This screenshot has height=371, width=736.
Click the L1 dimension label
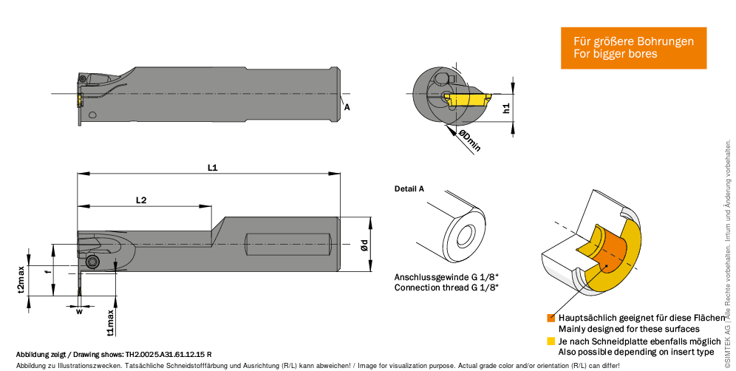(212, 168)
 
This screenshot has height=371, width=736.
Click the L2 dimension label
(142, 200)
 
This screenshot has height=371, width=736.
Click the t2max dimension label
(21, 279)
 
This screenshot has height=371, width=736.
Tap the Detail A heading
(409, 188)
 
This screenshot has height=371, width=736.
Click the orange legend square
(551, 318)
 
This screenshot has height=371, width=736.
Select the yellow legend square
(551, 341)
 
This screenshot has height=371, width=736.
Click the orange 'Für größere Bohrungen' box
(633, 48)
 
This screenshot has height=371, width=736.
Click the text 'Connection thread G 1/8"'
(446, 287)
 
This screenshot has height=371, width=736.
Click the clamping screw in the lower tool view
(92, 262)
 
